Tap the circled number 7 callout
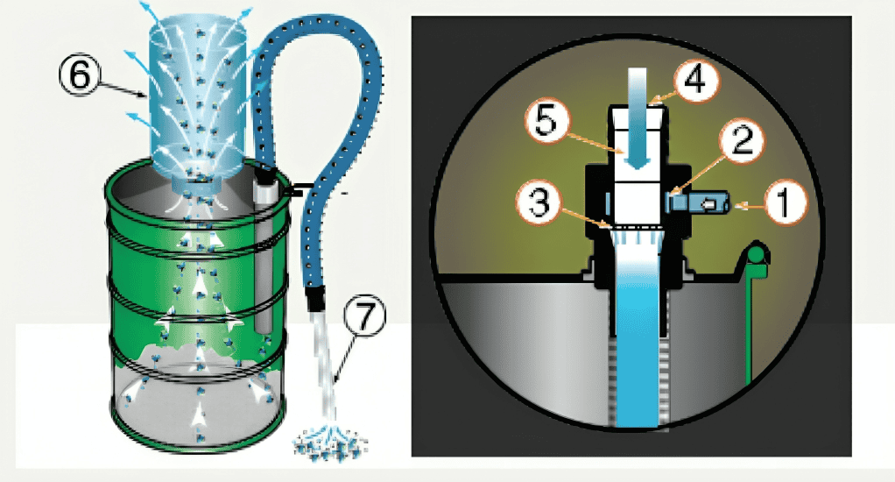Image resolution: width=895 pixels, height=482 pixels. (364, 315)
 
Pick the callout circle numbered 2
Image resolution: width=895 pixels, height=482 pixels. (742, 140)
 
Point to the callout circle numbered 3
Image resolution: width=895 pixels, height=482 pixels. (539, 202)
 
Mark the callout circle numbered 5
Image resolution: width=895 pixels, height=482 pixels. (546, 122)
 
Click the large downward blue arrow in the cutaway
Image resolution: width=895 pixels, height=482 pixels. (637, 118)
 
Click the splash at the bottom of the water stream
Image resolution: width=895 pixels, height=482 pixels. (331, 443)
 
